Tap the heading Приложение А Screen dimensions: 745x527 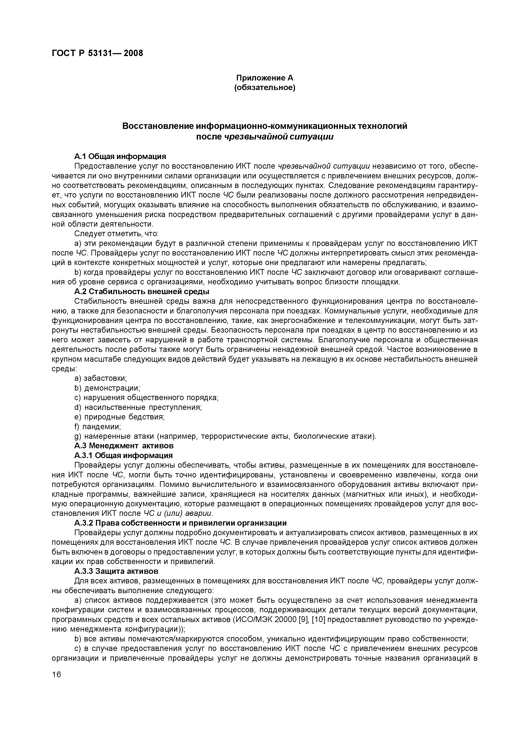click(264, 78)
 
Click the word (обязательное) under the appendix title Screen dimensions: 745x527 click(264, 88)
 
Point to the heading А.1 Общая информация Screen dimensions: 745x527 click(120, 157)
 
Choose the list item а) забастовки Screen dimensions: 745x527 click(101, 378)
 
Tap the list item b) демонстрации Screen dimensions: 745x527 click(107, 388)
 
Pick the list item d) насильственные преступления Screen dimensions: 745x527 click(138, 407)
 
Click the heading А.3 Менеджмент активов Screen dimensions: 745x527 click(124, 445)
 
